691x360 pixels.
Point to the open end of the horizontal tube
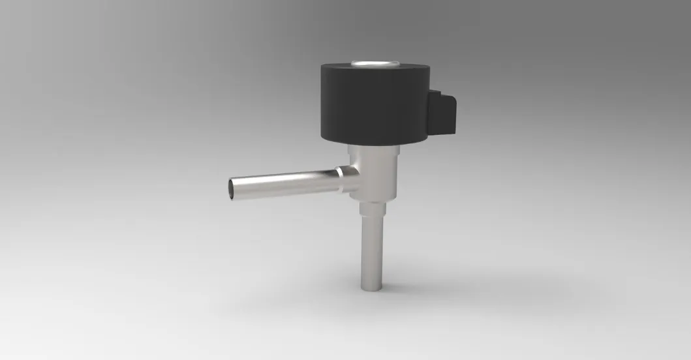coord(233,188)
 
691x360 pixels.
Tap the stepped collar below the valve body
coord(373,210)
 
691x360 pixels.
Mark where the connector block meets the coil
coord(432,111)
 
